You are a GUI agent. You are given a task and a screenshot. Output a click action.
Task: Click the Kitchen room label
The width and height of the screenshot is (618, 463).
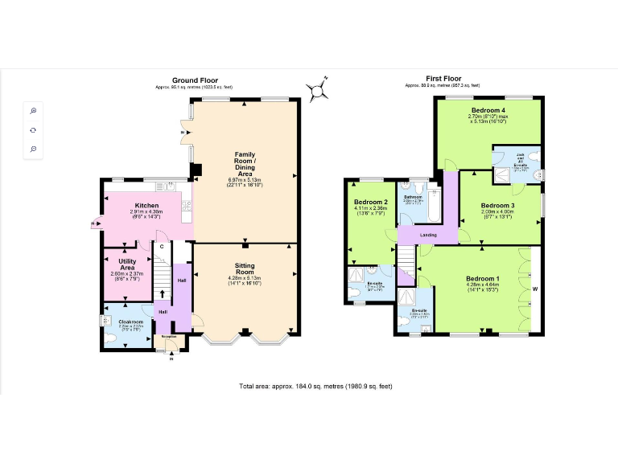point(146,206)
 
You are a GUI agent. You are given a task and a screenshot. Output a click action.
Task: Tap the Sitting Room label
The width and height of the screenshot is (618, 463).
point(245,268)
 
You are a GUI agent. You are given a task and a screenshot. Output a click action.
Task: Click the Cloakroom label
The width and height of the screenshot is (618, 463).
point(130,322)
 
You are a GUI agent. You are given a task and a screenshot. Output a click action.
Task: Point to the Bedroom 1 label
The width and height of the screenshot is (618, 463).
point(482,279)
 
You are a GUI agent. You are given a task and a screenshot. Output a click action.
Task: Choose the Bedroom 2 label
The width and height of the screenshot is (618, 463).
point(370,202)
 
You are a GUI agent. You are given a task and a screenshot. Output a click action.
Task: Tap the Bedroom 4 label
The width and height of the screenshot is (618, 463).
point(488,109)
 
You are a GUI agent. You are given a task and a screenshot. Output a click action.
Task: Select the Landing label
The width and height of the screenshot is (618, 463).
point(428,235)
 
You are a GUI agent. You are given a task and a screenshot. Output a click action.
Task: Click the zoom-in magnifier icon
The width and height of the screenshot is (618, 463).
point(34,110)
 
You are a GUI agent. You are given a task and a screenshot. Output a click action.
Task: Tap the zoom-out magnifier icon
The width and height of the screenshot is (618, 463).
point(34,149)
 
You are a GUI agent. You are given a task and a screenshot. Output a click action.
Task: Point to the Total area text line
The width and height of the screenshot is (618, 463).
point(315,387)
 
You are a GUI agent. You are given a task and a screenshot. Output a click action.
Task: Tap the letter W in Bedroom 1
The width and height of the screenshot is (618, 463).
point(534,289)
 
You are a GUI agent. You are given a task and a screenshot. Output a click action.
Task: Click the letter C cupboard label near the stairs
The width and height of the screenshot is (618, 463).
point(162,246)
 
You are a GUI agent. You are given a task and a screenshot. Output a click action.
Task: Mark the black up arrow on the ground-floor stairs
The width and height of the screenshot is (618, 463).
point(162,283)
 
